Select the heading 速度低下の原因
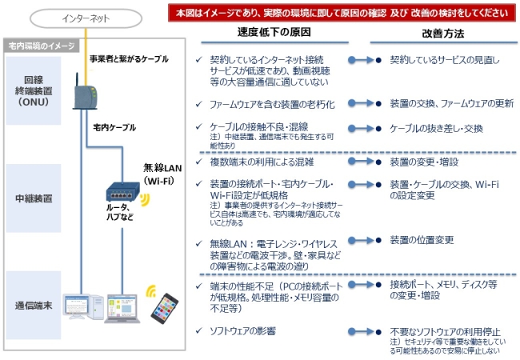tap(274, 34)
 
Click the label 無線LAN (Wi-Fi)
tap(163, 174)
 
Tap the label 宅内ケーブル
tap(114, 127)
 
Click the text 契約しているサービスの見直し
tap(444, 60)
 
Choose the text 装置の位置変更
tap(422, 238)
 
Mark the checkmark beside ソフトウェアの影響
tap(200, 330)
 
